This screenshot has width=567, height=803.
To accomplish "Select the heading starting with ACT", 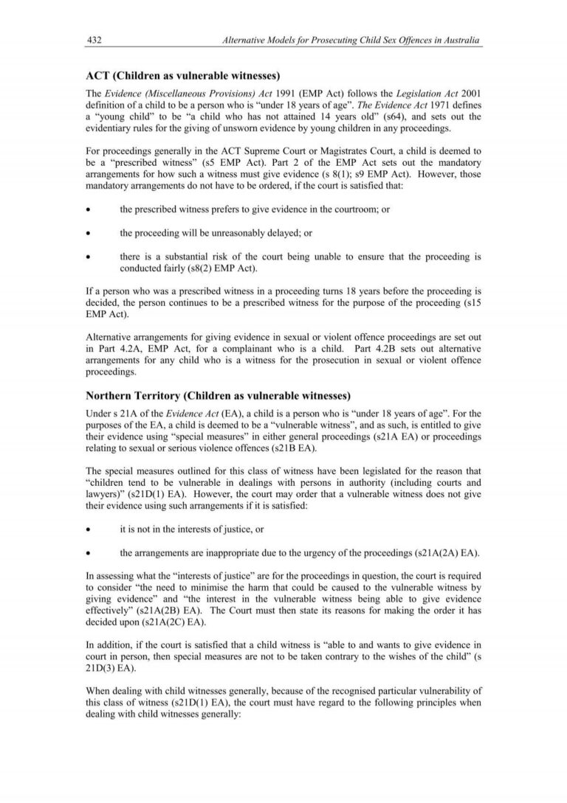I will coord(183,76).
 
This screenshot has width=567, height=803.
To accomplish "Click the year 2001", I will coord(471,93).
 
